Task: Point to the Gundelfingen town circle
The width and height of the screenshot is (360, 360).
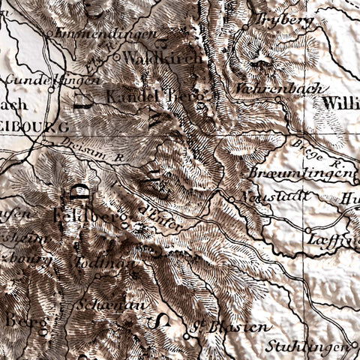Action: (52, 89)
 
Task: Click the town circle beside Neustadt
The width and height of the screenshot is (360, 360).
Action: (231, 199)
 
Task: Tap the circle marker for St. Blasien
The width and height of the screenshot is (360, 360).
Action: (186, 337)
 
